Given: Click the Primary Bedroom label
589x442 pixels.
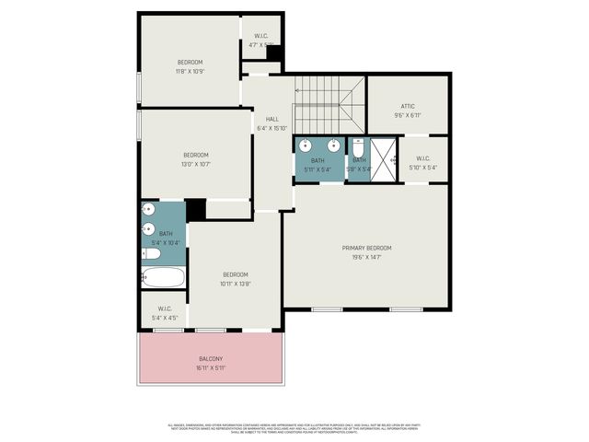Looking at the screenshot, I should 366,248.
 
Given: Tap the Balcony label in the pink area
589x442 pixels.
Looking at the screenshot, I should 211,359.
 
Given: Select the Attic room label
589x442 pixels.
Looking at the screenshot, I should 408,106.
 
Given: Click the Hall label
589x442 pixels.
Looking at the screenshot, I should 272,120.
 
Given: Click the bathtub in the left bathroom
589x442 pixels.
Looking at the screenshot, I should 164,277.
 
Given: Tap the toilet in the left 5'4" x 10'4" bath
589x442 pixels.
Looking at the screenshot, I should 150,253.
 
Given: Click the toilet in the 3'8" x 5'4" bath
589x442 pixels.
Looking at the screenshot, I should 358,146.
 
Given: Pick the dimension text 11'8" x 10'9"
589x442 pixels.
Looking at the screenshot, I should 191,71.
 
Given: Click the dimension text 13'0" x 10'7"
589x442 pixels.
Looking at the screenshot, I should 195,164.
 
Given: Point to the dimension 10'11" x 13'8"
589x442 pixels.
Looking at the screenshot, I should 235,284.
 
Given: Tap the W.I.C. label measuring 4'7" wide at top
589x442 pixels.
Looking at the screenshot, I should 261,36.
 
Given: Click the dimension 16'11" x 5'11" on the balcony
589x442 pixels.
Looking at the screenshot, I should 211,368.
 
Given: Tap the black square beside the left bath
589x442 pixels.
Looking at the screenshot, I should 195,210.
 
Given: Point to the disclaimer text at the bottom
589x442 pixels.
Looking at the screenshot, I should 294,427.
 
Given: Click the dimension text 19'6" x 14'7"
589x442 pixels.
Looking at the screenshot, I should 366,257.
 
